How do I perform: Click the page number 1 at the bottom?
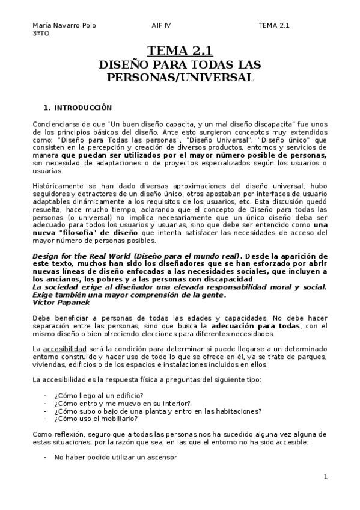(325, 477)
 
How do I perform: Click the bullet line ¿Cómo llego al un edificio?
(98, 395)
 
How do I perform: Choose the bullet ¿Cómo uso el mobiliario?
(96, 419)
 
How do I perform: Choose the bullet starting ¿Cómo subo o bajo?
(157, 411)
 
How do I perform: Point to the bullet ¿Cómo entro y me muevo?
(122, 403)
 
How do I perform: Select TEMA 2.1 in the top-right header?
(274, 26)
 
